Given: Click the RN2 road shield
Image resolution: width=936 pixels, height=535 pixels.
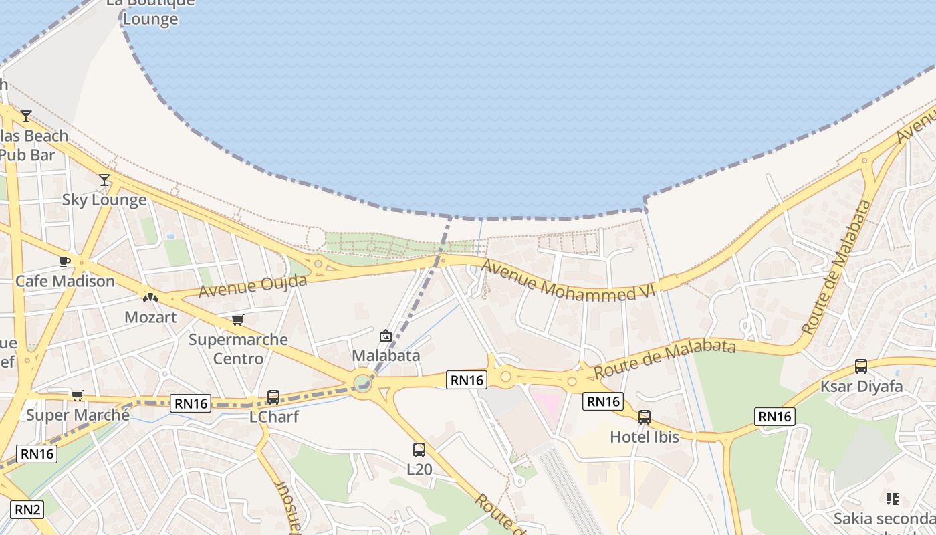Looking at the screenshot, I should click(x=27, y=510).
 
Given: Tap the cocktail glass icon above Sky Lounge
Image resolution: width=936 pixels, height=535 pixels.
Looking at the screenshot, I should click(x=104, y=179).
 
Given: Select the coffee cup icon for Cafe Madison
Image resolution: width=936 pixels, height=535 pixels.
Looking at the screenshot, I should click(x=65, y=261).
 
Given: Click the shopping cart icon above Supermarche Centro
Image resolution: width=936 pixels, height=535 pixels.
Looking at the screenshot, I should click(x=237, y=320).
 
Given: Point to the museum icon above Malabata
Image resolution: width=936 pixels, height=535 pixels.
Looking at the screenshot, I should click(x=385, y=336).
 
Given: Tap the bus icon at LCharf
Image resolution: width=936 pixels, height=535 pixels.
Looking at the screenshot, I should click(x=273, y=397).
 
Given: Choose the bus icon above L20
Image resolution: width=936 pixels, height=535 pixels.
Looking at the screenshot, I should click(x=419, y=450).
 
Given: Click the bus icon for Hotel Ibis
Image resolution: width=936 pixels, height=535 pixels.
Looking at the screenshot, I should click(x=644, y=417).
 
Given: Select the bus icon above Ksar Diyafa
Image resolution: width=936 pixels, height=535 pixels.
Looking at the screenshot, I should click(x=861, y=366).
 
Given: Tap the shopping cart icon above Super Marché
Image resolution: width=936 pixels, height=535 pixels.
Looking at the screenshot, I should click(x=78, y=396).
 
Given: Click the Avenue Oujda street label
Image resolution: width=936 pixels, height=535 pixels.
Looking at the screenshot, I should click(x=253, y=286).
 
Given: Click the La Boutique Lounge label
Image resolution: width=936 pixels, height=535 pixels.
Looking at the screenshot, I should click(x=150, y=11).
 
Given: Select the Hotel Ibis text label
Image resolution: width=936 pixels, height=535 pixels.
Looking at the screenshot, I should click(x=644, y=437).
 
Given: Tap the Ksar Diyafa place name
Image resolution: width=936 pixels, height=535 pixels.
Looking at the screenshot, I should click(x=861, y=387).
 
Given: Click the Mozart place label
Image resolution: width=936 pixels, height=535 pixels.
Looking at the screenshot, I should click(x=150, y=317).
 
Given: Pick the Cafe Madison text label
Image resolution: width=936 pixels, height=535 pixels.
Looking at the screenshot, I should click(x=65, y=281).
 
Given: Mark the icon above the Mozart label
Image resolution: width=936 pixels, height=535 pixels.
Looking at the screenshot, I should click(x=150, y=296).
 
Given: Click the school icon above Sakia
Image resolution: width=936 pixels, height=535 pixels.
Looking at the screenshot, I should click(x=892, y=499).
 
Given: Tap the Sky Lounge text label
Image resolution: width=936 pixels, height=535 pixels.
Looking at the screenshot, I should click(x=104, y=200).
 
